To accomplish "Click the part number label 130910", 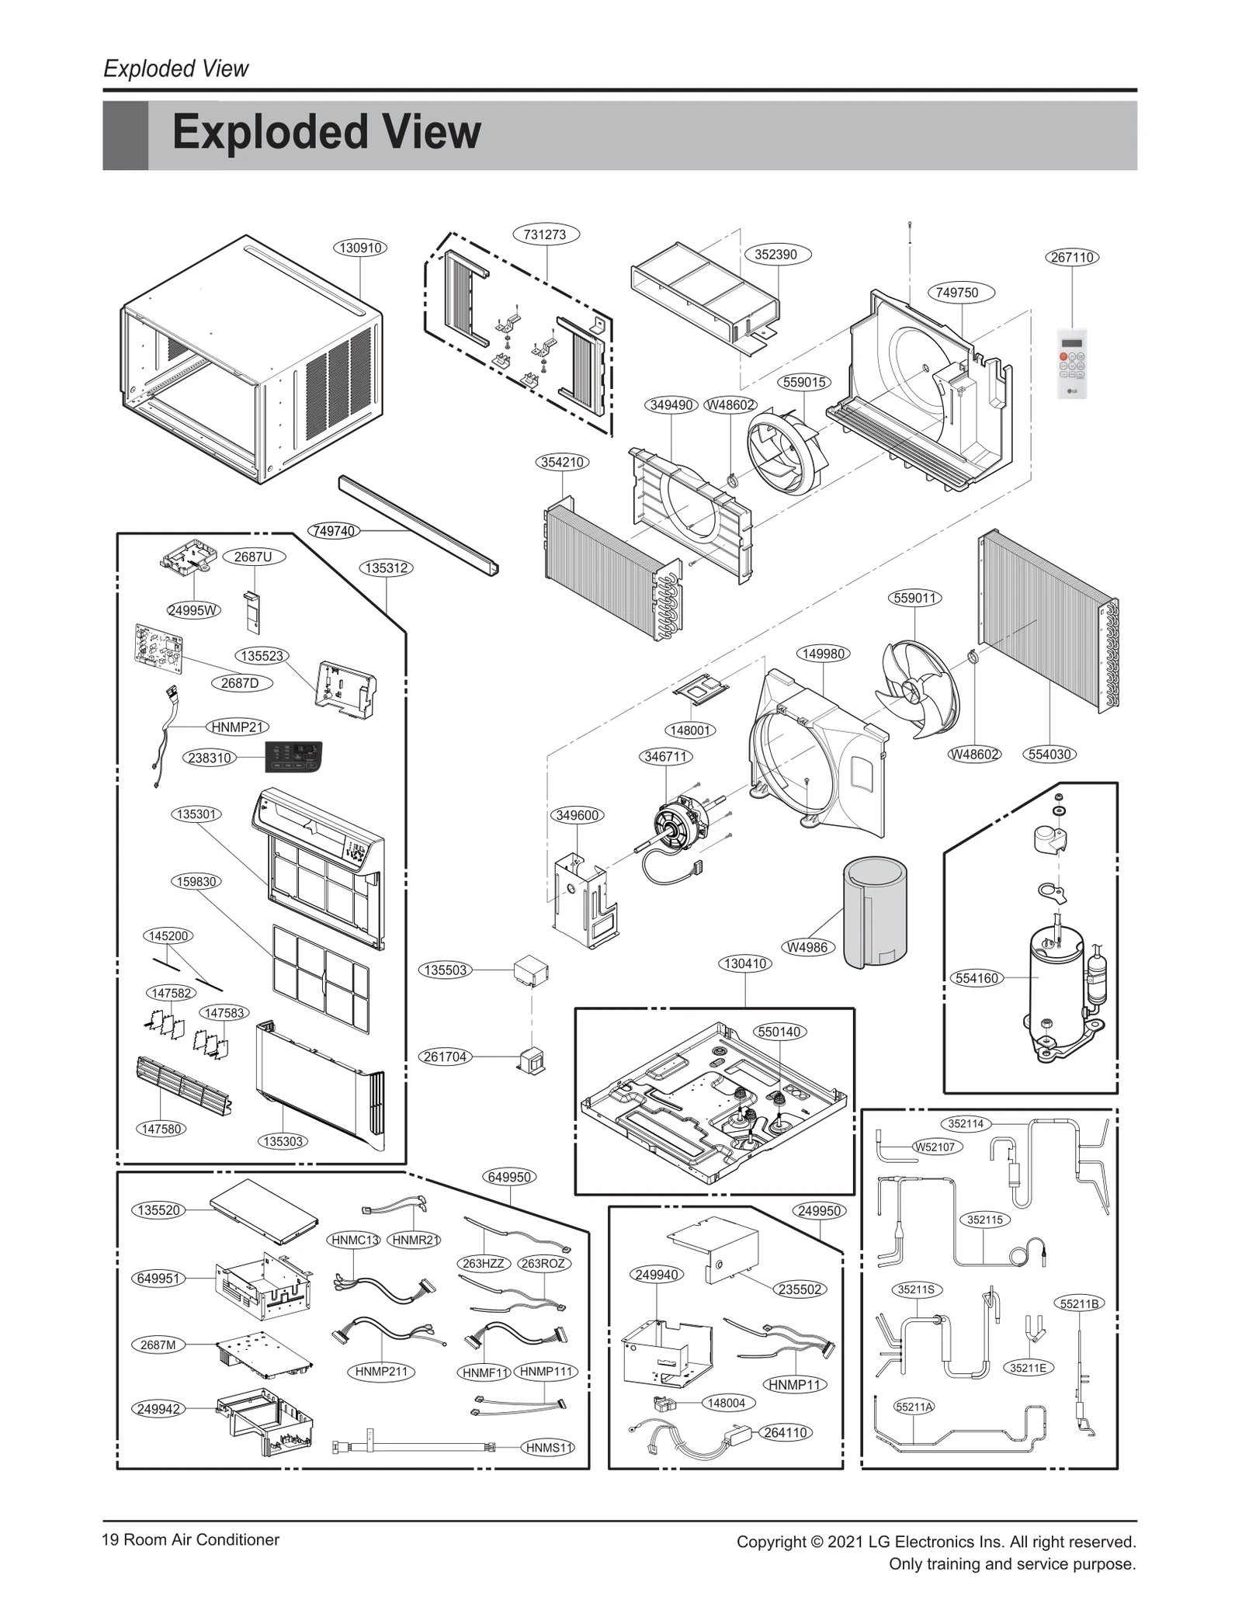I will pos(360,248).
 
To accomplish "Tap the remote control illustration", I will pos(1072,364).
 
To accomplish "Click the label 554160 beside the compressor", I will pos(977,978).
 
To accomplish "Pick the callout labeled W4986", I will pos(807,947).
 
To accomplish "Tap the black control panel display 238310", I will pos(293,756).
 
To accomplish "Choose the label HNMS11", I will pos(549,1448).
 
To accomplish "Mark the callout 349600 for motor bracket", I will pos(578,815).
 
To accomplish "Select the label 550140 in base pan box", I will pos(779,1032).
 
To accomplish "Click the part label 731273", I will pos(545,234).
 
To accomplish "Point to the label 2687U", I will pos(253,557).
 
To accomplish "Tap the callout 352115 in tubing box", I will pos(984,1220).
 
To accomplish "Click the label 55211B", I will pos(1079,1303).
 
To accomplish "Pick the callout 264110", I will pos(786,1432).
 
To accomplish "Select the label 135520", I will pos(159,1210).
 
